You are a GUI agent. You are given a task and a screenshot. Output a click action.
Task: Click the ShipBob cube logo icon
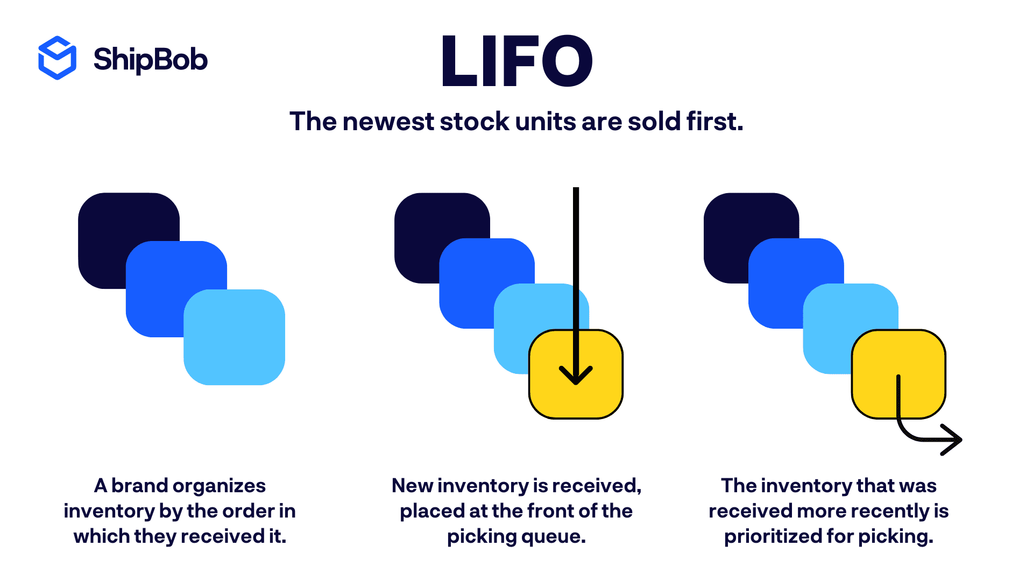(57, 58)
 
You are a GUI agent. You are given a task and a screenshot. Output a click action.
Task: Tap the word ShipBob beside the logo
(150, 59)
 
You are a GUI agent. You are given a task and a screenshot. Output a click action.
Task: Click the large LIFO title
(516, 60)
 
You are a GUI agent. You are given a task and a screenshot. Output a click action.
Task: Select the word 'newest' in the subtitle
(388, 122)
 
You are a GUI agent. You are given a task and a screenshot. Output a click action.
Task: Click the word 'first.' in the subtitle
(714, 122)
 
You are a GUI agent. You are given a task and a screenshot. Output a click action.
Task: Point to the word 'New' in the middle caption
(412, 486)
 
